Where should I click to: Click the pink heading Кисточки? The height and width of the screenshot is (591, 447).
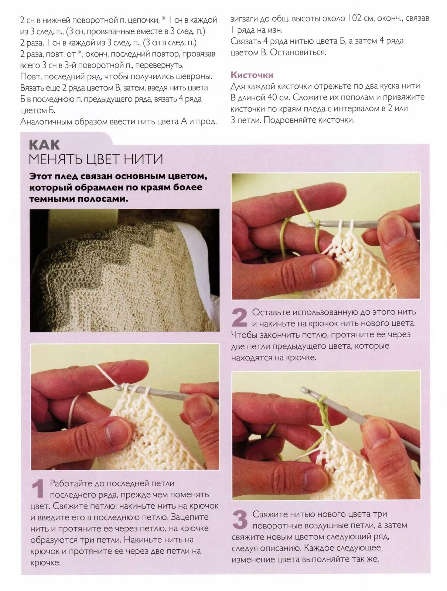[x=252, y=75]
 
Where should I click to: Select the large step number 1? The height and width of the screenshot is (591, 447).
[x=38, y=488]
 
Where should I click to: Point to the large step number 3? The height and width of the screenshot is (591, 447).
[x=240, y=519]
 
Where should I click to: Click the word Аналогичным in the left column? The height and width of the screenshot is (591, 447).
[x=46, y=122]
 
